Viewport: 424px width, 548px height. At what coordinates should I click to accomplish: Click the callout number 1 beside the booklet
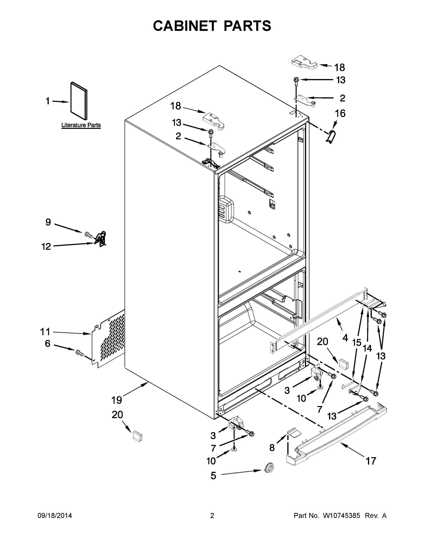click(x=48, y=101)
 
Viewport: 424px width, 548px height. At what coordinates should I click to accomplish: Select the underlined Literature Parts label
click(x=81, y=125)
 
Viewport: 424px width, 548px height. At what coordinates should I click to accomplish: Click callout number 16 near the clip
click(x=340, y=113)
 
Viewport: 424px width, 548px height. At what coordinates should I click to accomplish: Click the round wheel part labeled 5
click(x=269, y=468)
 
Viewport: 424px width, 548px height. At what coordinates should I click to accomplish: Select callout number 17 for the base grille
click(x=371, y=461)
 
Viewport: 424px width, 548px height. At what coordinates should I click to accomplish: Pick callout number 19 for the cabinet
click(x=117, y=400)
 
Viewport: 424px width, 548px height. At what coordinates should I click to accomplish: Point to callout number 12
click(x=46, y=246)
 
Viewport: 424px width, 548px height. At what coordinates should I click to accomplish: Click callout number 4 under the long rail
click(x=345, y=338)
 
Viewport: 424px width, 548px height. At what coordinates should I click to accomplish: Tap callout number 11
click(x=45, y=332)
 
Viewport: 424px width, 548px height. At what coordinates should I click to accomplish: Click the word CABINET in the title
click(x=185, y=26)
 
